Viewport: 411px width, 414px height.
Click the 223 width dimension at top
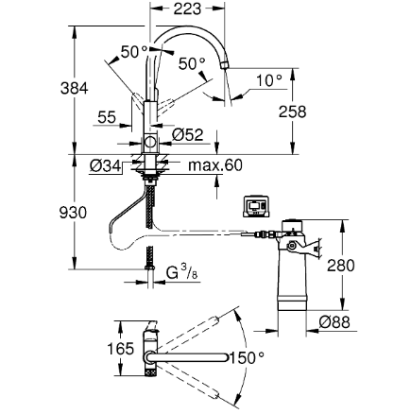tap(187, 9)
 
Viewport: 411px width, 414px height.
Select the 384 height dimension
tap(75, 88)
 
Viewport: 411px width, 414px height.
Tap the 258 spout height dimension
tap(292, 112)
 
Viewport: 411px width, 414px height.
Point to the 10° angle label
tap(269, 80)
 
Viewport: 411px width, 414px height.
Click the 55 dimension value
tap(107, 117)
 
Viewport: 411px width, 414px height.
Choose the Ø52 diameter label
tap(188, 135)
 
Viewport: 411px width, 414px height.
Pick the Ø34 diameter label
tap(105, 165)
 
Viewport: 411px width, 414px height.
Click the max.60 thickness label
tap(215, 165)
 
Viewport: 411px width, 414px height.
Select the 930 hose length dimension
tap(73, 213)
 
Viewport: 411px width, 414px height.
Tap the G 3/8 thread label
tap(181, 272)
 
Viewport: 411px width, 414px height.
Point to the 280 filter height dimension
tap(341, 266)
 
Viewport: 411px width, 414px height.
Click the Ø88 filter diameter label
tap(334, 322)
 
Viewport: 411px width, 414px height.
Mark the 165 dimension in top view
tap(121, 349)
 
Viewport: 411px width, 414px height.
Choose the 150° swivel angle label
tap(247, 358)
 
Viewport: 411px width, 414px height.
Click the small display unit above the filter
tap(256, 207)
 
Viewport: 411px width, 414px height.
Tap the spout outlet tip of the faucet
tap(225, 65)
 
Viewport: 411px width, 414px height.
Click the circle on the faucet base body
tap(150, 143)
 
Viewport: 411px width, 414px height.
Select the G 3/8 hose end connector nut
tap(150, 267)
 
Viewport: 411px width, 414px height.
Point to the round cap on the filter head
tap(292, 226)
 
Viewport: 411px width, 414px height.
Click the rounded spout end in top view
tap(224, 357)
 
